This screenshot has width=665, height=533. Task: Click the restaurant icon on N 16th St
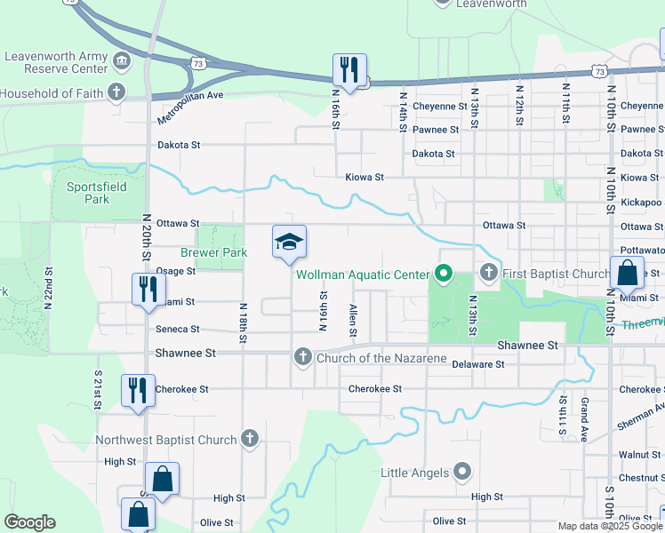click(349, 69)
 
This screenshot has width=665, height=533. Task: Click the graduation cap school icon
click(289, 242)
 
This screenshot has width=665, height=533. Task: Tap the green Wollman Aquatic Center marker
click(443, 273)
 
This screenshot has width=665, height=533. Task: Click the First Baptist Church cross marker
click(488, 272)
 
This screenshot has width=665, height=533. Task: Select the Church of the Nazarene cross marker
click(302, 357)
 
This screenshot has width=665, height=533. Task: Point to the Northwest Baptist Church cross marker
click(251, 439)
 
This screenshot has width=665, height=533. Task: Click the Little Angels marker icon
click(461, 472)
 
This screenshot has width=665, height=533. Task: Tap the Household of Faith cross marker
click(116, 92)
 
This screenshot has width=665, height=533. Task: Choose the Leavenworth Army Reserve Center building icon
click(122, 60)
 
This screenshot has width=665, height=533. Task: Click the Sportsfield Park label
click(90, 193)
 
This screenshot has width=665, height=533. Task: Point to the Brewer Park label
click(212, 252)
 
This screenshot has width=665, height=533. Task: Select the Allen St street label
click(354, 319)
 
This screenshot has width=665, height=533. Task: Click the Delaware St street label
click(477, 364)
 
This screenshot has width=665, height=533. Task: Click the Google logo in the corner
click(29, 522)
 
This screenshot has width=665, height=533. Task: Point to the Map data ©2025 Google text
click(610, 526)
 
